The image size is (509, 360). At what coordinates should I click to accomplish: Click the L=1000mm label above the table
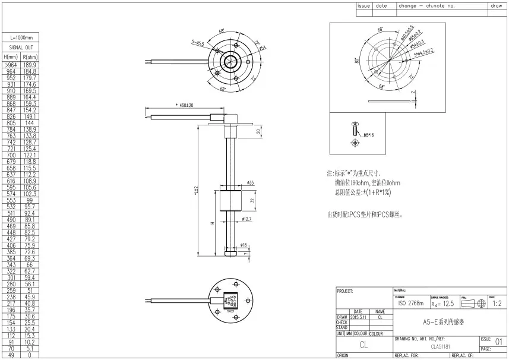click(x=21, y=37)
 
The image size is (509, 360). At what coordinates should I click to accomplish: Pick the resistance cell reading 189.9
click(x=30, y=65)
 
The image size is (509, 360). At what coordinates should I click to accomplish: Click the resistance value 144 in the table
click(x=30, y=123)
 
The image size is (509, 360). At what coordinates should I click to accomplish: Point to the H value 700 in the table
click(x=11, y=155)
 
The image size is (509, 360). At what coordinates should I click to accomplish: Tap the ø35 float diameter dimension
click(x=250, y=183)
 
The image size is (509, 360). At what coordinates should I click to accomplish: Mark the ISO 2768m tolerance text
click(x=410, y=303)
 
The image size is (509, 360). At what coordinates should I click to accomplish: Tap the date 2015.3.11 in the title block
click(x=358, y=317)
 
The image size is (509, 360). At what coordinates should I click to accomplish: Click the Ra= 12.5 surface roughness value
click(x=442, y=303)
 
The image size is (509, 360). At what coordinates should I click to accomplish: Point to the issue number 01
click(x=498, y=342)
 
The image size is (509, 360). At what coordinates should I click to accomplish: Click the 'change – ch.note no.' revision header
click(x=426, y=5)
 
